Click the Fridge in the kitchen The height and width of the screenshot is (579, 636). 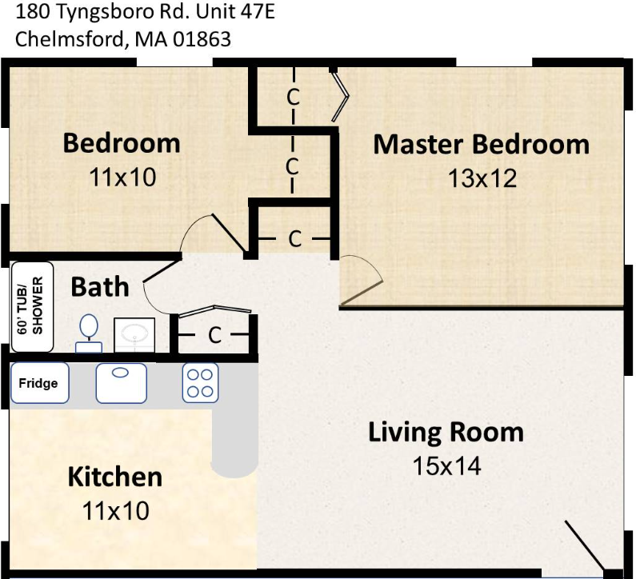tap(39, 384)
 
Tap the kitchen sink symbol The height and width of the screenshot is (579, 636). tap(121, 383)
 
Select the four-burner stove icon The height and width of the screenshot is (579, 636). tap(200, 383)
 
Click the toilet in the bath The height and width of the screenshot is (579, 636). tap(89, 333)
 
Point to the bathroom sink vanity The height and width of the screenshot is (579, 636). tap(134, 334)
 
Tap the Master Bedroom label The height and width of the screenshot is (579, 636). tap(481, 145)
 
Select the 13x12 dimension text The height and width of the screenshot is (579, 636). tap(482, 178)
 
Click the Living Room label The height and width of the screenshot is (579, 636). tap(446, 433)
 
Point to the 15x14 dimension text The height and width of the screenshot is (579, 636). tap(446, 465)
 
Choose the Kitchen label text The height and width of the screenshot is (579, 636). tap(114, 477)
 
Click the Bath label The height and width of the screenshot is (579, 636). tap(100, 286)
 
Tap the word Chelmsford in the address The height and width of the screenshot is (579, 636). tap(69, 38)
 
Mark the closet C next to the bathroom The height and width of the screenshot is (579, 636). tap(214, 336)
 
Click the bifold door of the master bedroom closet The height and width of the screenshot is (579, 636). tap(341, 97)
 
